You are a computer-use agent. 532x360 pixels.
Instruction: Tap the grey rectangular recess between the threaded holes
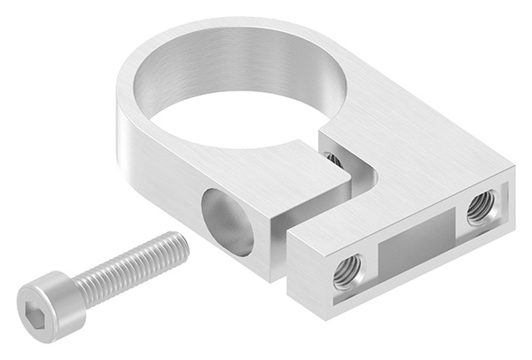pos(412,241)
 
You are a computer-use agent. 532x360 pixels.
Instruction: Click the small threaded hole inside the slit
pos(333,160)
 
